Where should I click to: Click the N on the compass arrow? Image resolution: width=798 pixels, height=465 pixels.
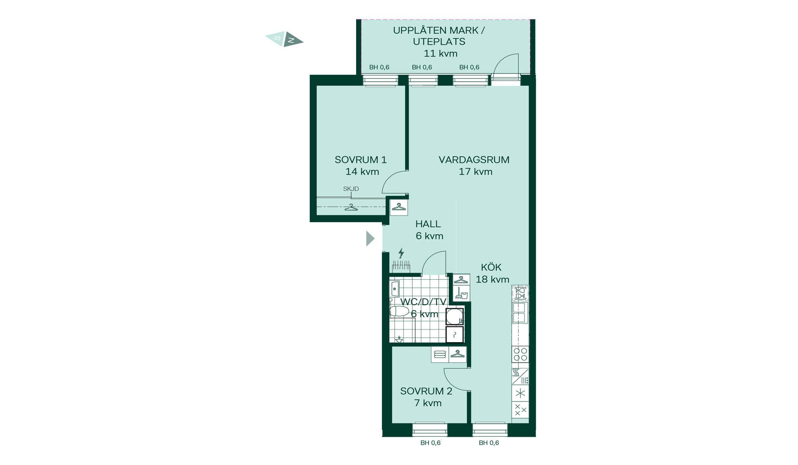click(x=291, y=40)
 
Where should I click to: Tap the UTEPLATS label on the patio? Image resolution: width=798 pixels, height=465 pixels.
click(x=439, y=42)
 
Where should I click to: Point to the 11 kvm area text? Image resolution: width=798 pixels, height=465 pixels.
click(x=441, y=54)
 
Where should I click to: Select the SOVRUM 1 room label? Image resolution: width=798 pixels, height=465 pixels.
click(x=361, y=160)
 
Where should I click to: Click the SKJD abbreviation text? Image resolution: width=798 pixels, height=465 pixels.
click(x=351, y=189)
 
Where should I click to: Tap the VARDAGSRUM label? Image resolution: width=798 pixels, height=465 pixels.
click(x=474, y=160)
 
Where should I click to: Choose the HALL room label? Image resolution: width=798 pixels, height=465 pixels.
click(x=428, y=224)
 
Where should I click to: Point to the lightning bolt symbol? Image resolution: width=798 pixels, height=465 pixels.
click(x=401, y=253)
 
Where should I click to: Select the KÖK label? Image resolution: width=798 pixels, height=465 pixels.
click(x=491, y=267)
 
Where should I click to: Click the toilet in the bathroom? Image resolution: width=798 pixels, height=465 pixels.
click(x=399, y=311)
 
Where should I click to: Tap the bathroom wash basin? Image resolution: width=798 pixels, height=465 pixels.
click(x=395, y=288)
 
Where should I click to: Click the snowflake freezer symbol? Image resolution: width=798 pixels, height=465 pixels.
click(x=520, y=393)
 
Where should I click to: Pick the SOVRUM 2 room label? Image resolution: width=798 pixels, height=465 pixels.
click(x=426, y=391)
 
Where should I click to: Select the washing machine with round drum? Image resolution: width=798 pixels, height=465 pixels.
click(x=454, y=316)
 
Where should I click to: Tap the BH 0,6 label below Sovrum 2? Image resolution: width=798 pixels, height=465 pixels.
click(x=431, y=443)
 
